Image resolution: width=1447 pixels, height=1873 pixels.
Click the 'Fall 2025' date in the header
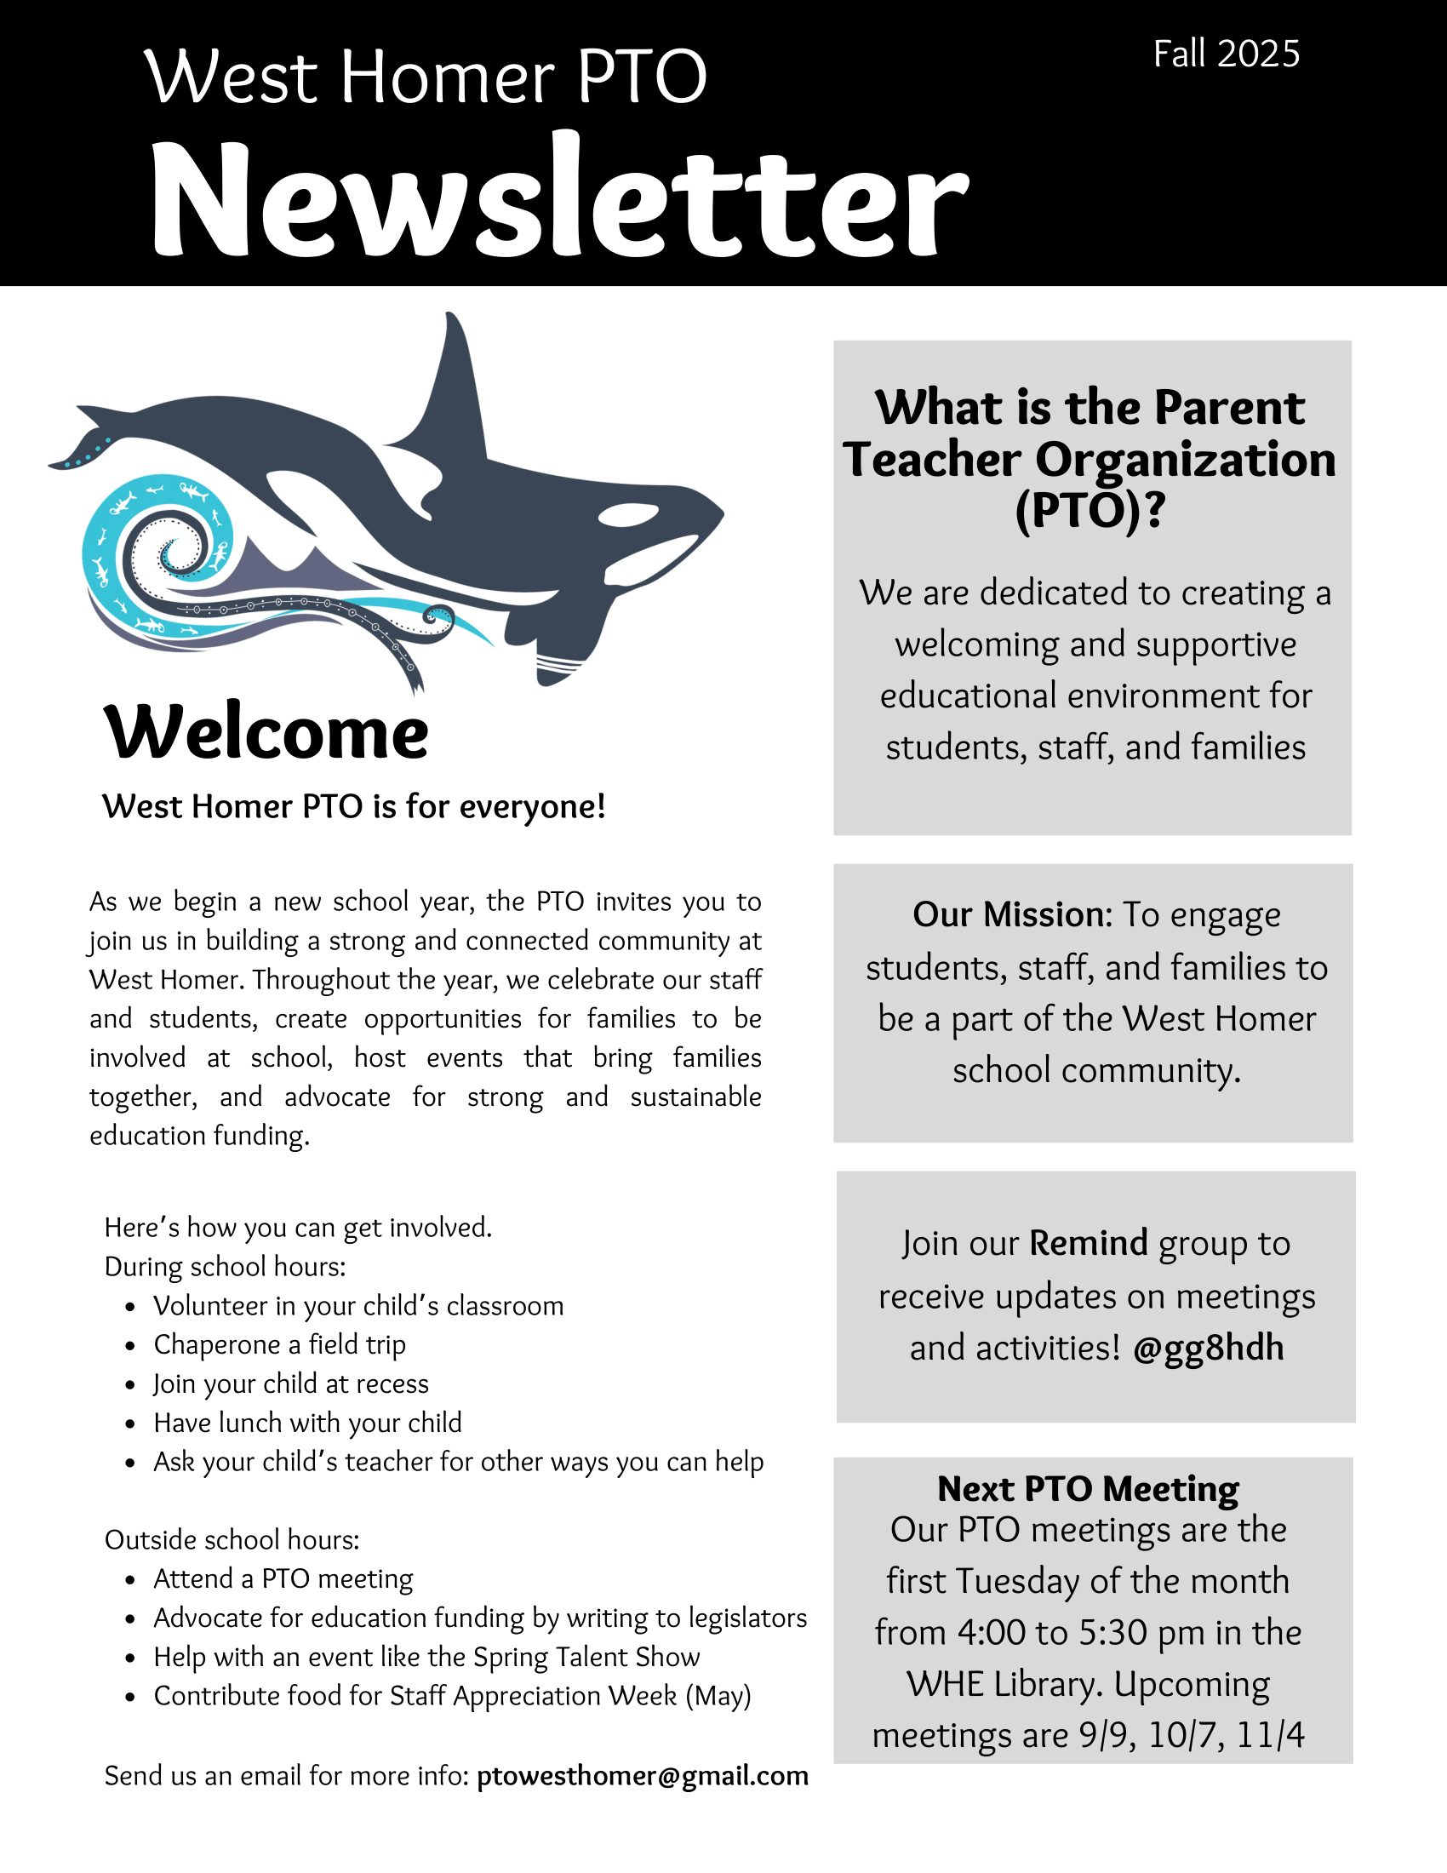(x=1226, y=54)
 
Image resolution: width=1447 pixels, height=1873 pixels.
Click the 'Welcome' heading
(x=266, y=733)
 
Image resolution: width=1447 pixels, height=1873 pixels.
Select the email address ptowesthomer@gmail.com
(x=642, y=1775)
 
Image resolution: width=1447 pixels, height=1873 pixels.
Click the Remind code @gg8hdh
(x=1208, y=1349)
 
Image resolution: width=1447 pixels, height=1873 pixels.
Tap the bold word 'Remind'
(x=1088, y=1244)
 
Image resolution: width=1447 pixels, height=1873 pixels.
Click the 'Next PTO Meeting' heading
(x=1088, y=1489)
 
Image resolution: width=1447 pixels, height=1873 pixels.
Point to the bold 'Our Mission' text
(x=1011, y=915)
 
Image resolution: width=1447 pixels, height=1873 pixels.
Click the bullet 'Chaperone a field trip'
(x=279, y=1344)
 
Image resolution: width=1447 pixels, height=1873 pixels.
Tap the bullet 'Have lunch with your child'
(x=308, y=1423)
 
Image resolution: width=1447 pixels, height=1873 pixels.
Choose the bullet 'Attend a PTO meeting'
(x=283, y=1578)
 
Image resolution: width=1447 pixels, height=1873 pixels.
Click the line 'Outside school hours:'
(x=232, y=1540)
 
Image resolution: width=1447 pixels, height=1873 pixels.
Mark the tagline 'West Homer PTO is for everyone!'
(x=353, y=807)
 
